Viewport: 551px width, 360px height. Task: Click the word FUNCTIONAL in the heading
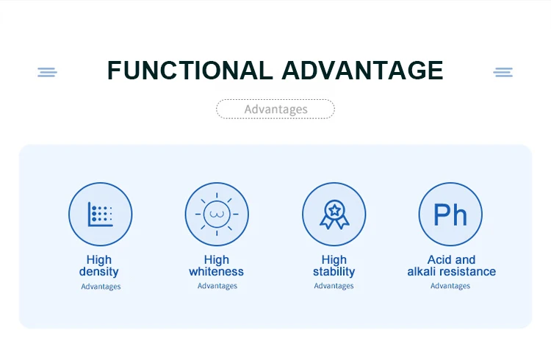[x=190, y=71]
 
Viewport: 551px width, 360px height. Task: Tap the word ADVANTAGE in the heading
[x=362, y=71]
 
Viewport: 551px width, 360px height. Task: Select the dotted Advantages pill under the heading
[x=275, y=109]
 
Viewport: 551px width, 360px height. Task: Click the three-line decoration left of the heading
[x=48, y=72]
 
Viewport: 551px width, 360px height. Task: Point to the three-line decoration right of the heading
[x=503, y=72]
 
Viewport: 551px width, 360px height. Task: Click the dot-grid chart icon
[x=100, y=214]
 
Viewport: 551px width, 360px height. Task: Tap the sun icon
[x=217, y=214]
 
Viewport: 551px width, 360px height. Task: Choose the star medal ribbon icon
[x=334, y=215]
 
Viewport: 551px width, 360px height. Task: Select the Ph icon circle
[x=450, y=214]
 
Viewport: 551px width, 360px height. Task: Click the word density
[x=98, y=271]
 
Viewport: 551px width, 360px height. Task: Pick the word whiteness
[x=216, y=271]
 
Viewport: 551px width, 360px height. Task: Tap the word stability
[x=334, y=271]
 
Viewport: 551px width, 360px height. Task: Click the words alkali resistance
[x=452, y=271]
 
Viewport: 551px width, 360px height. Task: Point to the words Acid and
[x=451, y=260]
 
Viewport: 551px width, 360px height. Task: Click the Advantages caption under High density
[x=101, y=287]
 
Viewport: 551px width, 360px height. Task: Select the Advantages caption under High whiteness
[x=217, y=286]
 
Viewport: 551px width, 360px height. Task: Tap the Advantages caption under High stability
[x=334, y=286]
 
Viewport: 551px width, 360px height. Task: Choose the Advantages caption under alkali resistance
[x=450, y=286]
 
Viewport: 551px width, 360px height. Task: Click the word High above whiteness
[x=217, y=260]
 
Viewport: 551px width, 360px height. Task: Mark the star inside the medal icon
[x=334, y=211]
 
